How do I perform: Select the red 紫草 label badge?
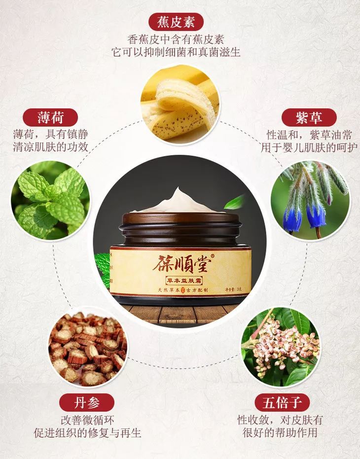click(x=309, y=118)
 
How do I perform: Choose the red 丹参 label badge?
click(x=86, y=402)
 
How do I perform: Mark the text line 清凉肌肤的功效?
click(x=51, y=146)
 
